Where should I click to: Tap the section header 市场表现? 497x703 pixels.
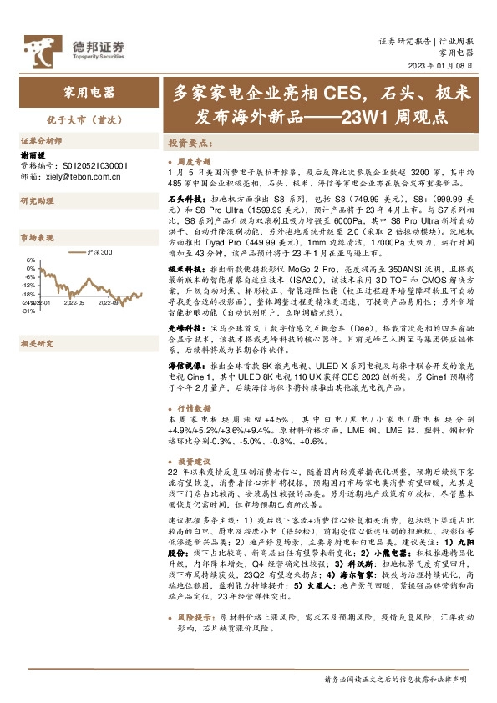point(37,239)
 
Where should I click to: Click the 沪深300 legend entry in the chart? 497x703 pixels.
point(103,251)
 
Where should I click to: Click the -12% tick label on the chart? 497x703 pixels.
point(28,286)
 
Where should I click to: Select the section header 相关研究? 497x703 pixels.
point(37,320)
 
